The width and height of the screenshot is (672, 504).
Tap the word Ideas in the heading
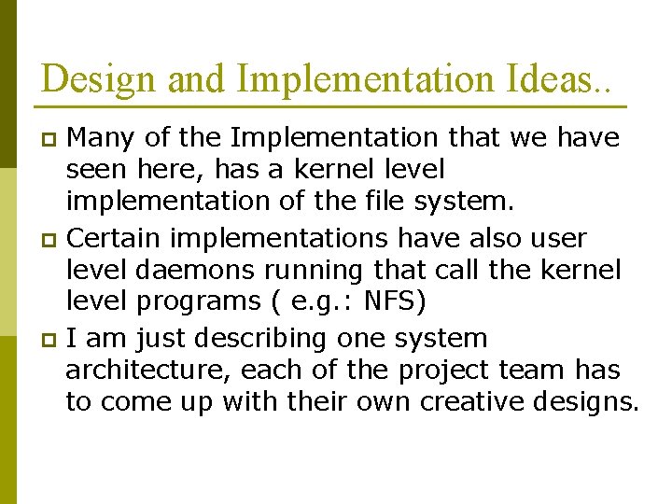(553, 78)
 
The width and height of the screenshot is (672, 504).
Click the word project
(441, 371)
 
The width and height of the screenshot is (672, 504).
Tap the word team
(529, 371)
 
